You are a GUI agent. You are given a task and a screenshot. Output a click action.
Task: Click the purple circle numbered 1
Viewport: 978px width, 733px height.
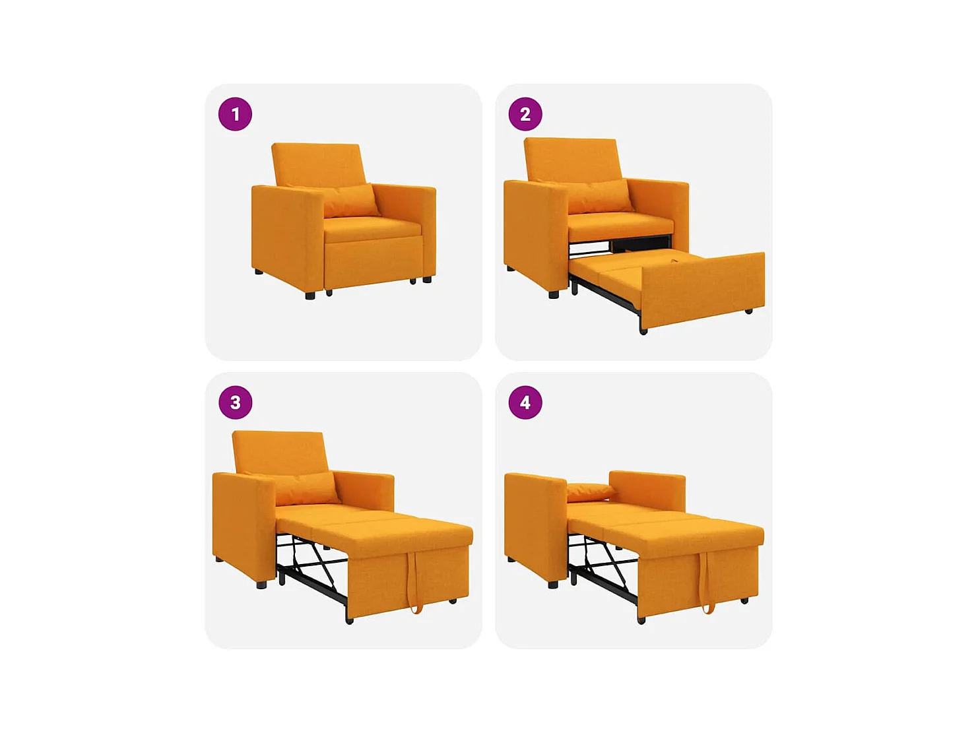click(x=235, y=114)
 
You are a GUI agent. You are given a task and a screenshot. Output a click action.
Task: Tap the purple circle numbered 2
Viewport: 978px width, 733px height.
click(x=525, y=114)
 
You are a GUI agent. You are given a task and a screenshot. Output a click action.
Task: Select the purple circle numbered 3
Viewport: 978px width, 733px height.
click(x=235, y=402)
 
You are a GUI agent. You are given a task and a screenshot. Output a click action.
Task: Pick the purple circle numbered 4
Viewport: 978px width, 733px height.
click(x=525, y=402)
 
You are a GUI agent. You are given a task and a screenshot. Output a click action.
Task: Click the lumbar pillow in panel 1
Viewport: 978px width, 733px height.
click(x=350, y=201)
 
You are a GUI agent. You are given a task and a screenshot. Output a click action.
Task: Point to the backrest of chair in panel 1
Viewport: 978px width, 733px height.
click(x=318, y=164)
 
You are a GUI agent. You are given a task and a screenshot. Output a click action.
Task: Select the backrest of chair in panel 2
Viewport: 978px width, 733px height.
click(x=571, y=158)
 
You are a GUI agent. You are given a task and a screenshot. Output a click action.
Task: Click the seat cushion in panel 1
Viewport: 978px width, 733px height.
click(x=371, y=228)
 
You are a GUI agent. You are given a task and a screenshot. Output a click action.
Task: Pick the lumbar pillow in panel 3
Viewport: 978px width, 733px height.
click(x=305, y=488)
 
